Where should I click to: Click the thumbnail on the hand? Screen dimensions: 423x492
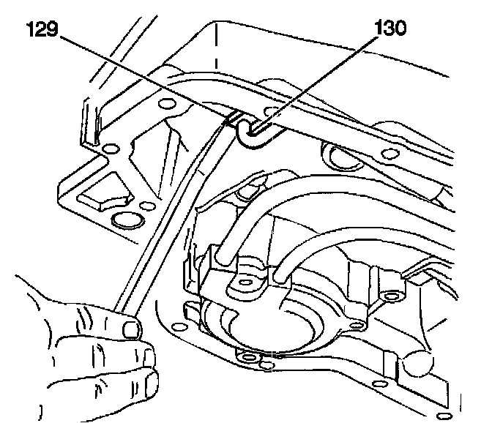click(132, 329)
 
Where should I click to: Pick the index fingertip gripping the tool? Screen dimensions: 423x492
click(132, 329)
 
